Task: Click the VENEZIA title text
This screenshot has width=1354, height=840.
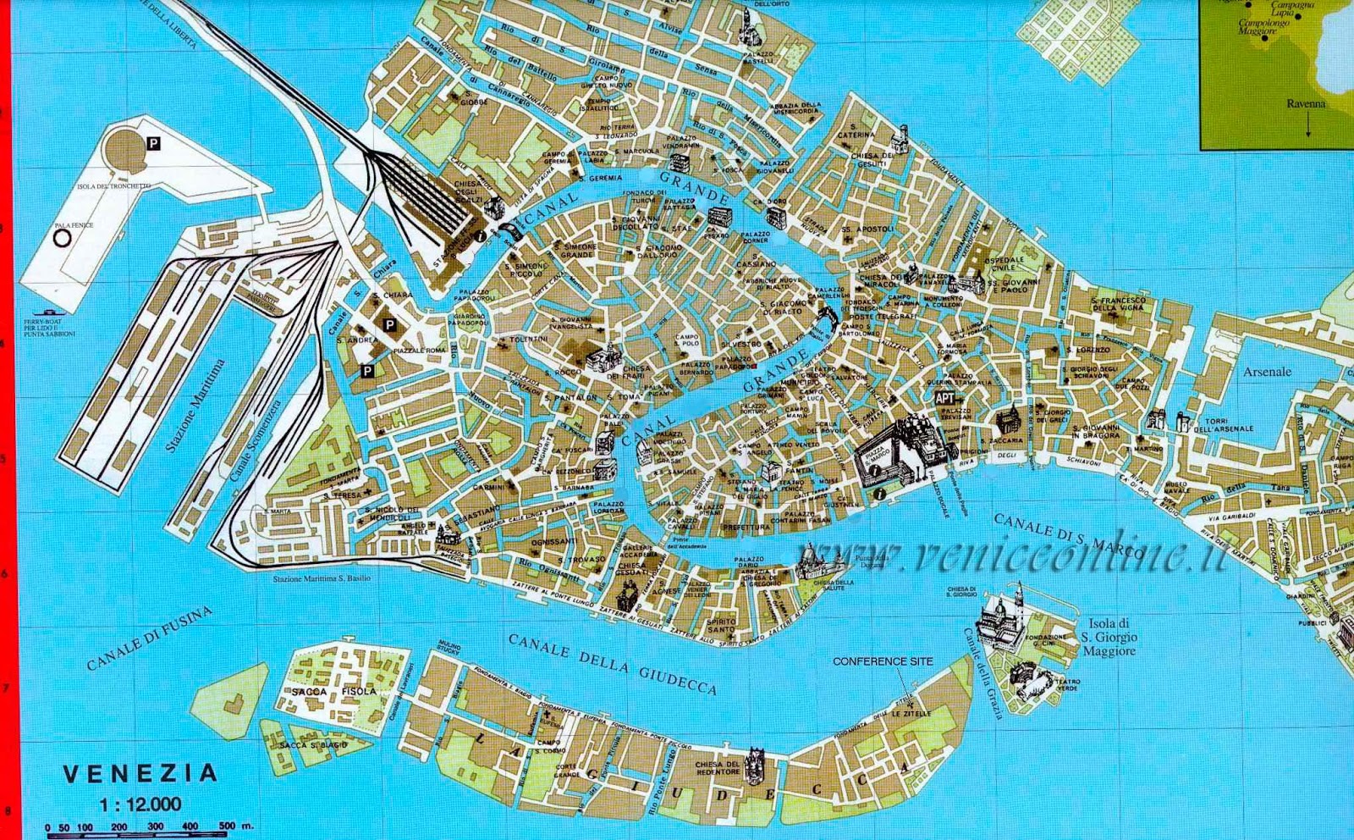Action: tap(140, 773)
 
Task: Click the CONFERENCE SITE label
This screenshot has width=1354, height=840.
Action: tap(883, 661)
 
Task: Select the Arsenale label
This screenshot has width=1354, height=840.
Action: tap(1267, 372)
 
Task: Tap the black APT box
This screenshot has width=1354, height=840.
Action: tap(945, 398)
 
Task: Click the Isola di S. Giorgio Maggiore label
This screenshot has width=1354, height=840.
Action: tap(1109, 637)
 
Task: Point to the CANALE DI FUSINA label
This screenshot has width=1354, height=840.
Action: tap(149, 639)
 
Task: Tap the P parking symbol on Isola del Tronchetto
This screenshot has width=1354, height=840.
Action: tap(153, 144)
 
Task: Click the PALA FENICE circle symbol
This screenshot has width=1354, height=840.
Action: tap(62, 239)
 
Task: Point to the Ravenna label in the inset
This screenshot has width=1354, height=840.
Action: tap(1306, 104)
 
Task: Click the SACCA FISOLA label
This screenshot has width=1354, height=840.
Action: tap(333, 692)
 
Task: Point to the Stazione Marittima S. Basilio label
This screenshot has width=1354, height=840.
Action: tap(322, 578)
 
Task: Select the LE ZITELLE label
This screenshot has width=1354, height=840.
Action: tap(911, 713)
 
